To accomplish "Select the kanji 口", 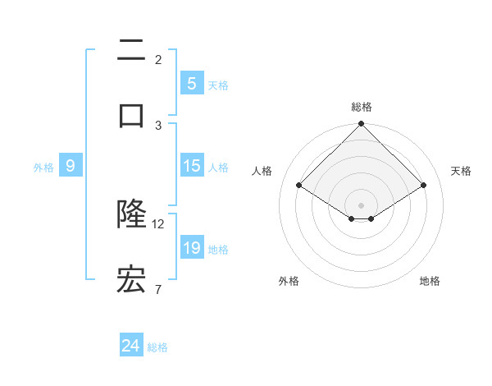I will coord(131,115).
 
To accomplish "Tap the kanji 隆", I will coord(131,215).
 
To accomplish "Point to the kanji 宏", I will coord(131,281).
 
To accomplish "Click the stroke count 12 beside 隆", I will coord(159,223).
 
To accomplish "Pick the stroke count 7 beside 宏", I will coord(158,289).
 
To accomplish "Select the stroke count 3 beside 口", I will coord(158,125).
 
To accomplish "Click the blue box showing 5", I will coord(192,84).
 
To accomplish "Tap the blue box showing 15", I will coord(192,166).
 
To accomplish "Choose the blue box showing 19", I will coord(192,248).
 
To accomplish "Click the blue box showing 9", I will coord(71,167).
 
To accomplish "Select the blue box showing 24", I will coord(131,347).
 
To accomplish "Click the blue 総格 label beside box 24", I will coord(157,347).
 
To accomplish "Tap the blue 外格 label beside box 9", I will coord(43,168).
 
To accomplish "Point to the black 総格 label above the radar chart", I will coord(362,107).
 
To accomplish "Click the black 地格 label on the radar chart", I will coord(430,282).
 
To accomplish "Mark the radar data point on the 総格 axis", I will coord(362,126).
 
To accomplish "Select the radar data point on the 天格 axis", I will coord(424,186).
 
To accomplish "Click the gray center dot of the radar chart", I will coord(362,204).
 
